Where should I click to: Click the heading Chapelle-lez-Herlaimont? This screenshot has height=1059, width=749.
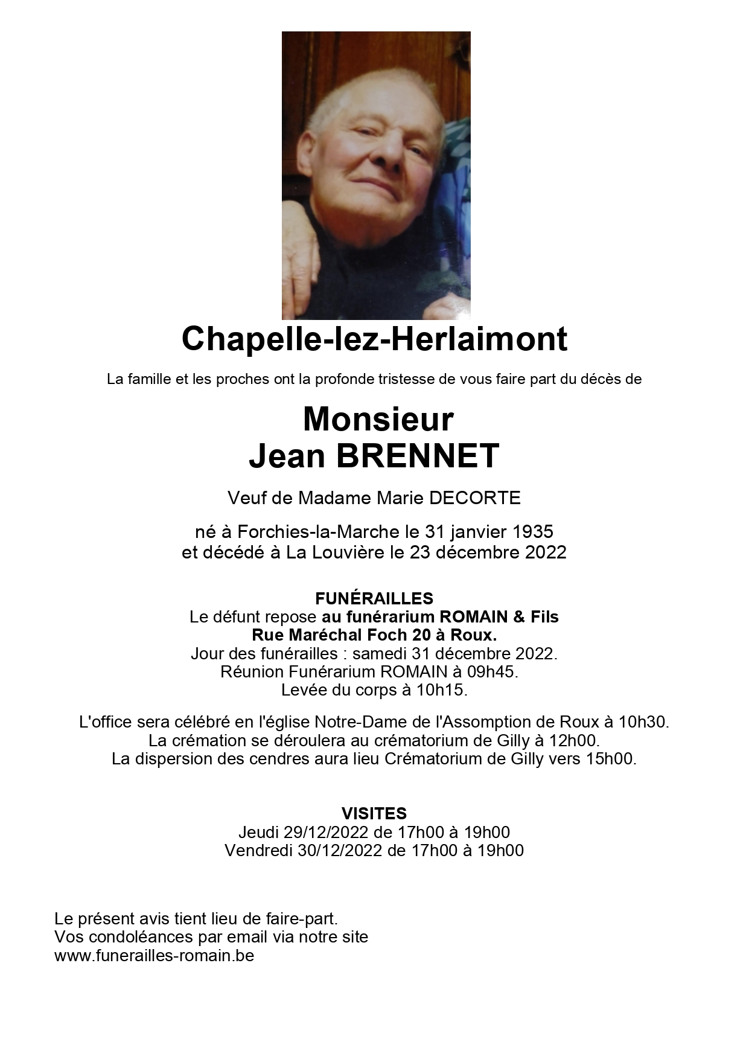coord(374,339)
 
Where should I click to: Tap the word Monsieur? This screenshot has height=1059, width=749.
coord(378,419)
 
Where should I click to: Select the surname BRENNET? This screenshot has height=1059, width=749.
coord(418,456)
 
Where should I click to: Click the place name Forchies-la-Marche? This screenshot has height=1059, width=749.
coord(319,532)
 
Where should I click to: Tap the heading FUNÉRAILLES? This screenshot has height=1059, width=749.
coord(374,598)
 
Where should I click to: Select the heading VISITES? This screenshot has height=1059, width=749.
coord(374,813)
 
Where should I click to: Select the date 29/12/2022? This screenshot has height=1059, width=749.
coord(326,832)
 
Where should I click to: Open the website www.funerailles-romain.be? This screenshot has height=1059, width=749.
coord(154,956)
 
